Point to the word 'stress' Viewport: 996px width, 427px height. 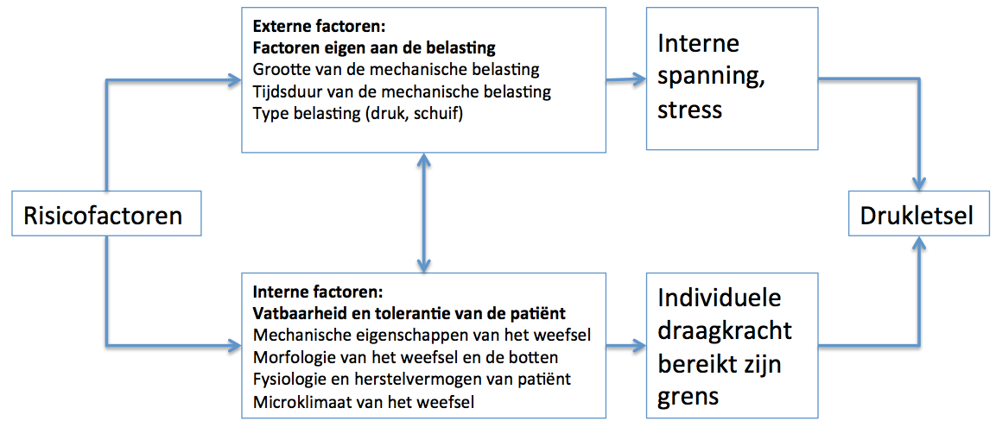(x=690, y=110)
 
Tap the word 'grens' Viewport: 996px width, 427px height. (x=688, y=397)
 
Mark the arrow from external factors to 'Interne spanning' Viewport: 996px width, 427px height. (x=625, y=80)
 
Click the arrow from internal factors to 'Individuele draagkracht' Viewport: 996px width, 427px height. (x=625, y=347)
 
